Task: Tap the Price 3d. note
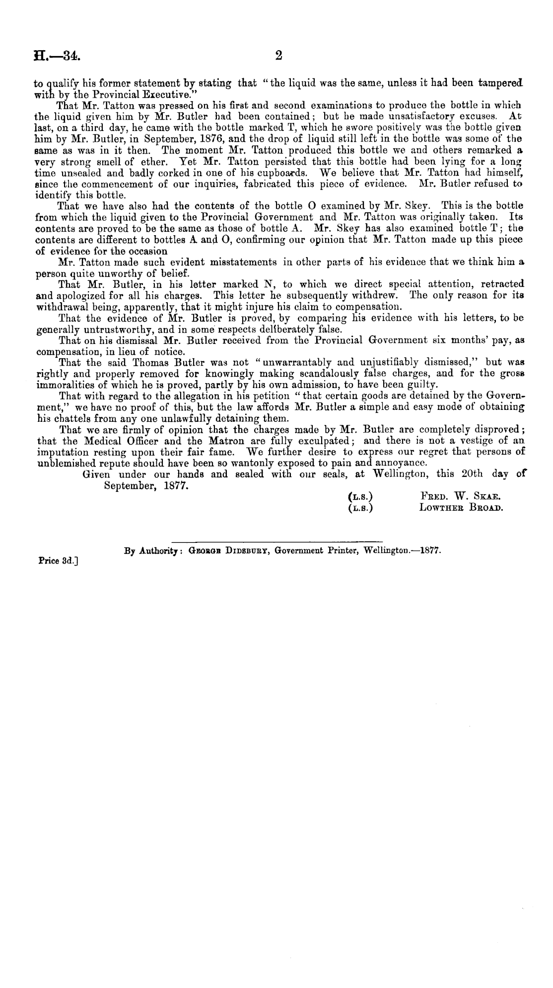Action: [x=59, y=562]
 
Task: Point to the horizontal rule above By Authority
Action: [x=276, y=539]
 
